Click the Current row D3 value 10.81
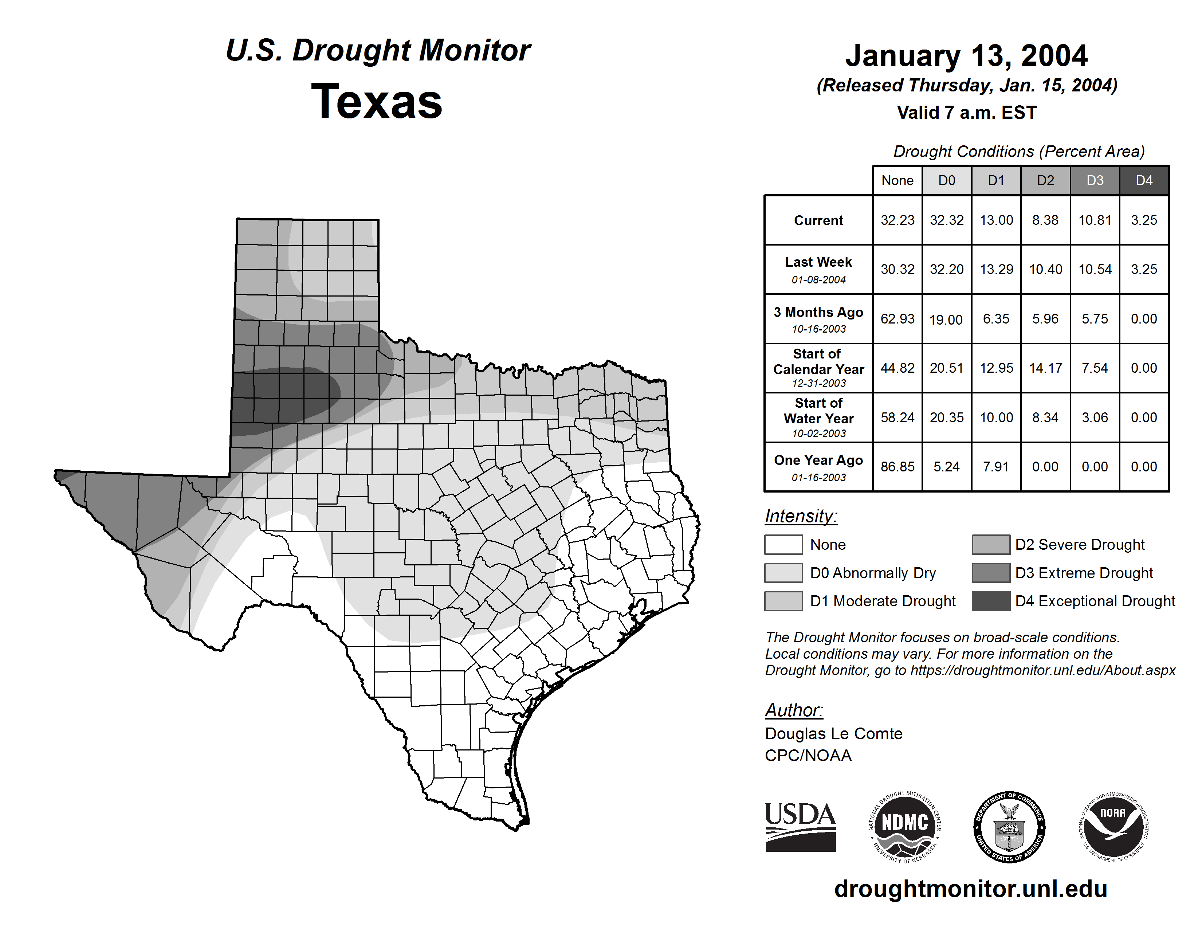click(x=1095, y=220)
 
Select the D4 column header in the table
click(x=1144, y=180)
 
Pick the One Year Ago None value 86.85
click(x=897, y=467)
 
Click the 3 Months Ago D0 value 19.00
click(x=946, y=319)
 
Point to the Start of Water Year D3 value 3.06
click(x=1095, y=418)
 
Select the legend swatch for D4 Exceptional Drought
click(x=991, y=601)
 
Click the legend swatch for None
click(x=783, y=544)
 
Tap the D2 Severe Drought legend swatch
click(x=991, y=544)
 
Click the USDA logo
click(x=800, y=827)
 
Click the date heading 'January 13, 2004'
click(x=966, y=56)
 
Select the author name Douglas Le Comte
click(x=833, y=734)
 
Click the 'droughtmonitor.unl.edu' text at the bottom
click(x=971, y=889)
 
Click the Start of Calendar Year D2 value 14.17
click(x=1045, y=368)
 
